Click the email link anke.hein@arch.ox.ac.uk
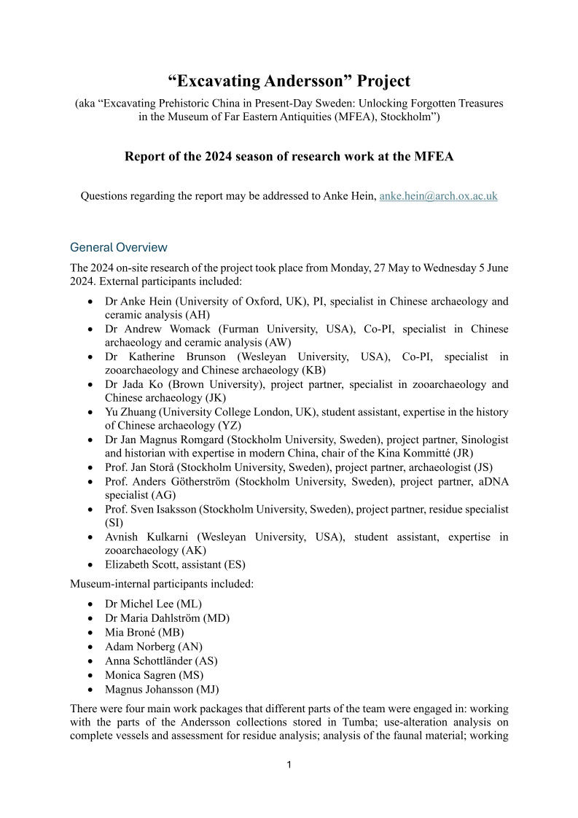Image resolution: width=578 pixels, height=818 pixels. [x=438, y=196]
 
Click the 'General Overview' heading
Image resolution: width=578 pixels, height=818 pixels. [x=119, y=247]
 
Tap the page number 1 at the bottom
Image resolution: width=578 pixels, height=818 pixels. [x=289, y=765]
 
